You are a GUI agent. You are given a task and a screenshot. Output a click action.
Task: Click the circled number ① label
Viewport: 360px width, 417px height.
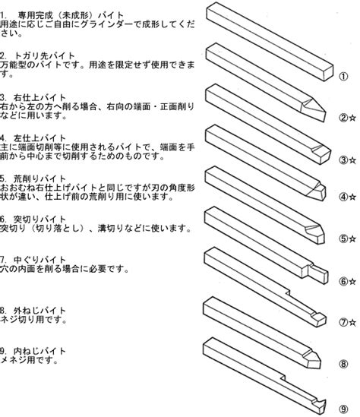[x=343, y=76]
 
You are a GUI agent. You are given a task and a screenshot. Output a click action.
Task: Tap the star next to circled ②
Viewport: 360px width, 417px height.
[x=352, y=118]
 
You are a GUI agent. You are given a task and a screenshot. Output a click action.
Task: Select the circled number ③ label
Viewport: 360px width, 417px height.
[x=343, y=160]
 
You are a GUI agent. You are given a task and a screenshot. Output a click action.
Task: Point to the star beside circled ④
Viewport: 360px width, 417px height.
[x=352, y=197]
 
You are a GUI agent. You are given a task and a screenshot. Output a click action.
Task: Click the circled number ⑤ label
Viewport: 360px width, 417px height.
[x=343, y=239]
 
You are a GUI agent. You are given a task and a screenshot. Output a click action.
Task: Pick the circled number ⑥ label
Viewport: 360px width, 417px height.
[x=343, y=281]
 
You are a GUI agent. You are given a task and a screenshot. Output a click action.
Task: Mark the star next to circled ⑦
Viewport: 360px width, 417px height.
[x=352, y=323]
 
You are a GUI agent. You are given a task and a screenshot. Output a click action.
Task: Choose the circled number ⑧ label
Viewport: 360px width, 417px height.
[x=343, y=364]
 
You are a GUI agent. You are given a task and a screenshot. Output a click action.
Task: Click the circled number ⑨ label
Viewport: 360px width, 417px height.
[x=343, y=409]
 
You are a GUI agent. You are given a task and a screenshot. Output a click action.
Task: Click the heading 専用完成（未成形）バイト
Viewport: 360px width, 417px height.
[x=71, y=15]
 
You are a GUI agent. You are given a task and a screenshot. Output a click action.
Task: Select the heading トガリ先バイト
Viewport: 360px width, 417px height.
[x=44, y=56]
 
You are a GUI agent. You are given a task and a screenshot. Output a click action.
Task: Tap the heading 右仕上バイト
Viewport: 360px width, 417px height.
[x=39, y=97]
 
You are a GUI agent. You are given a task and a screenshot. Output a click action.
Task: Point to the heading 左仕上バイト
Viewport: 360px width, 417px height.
[x=39, y=138]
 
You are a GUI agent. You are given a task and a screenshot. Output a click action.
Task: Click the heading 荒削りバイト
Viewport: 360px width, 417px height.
[x=39, y=178]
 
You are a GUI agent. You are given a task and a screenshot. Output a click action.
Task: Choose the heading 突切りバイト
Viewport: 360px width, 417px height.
[x=39, y=220]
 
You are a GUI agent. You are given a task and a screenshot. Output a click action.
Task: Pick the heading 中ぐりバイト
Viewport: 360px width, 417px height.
[x=39, y=260]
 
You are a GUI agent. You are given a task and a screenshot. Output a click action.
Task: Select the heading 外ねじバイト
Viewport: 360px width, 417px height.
[x=39, y=311]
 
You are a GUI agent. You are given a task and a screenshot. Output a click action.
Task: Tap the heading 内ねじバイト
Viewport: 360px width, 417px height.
[x=39, y=351]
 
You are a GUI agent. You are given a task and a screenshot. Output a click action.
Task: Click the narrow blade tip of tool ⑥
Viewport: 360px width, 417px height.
[x=319, y=274]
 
